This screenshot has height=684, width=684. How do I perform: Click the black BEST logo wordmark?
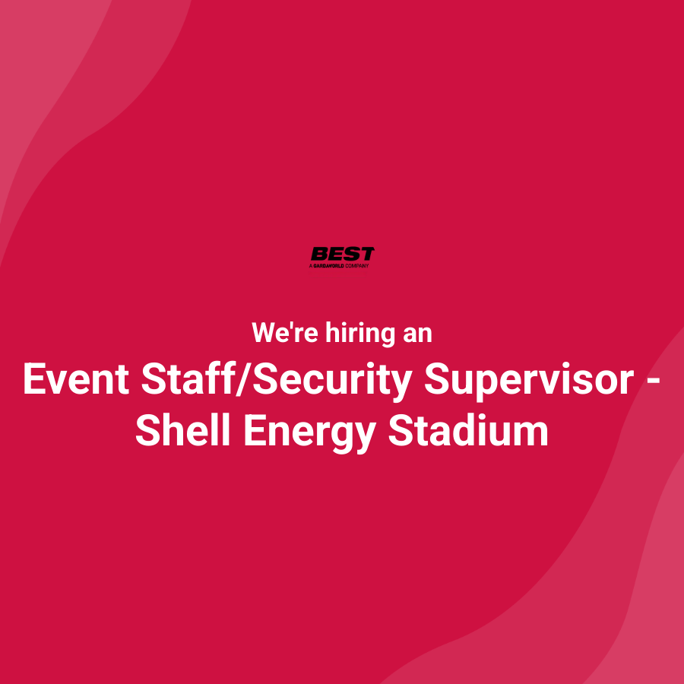click(x=342, y=254)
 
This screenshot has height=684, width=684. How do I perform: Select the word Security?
click(x=329, y=378)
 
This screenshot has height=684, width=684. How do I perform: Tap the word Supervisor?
click(x=528, y=378)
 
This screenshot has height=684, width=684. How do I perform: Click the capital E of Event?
click(x=33, y=378)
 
